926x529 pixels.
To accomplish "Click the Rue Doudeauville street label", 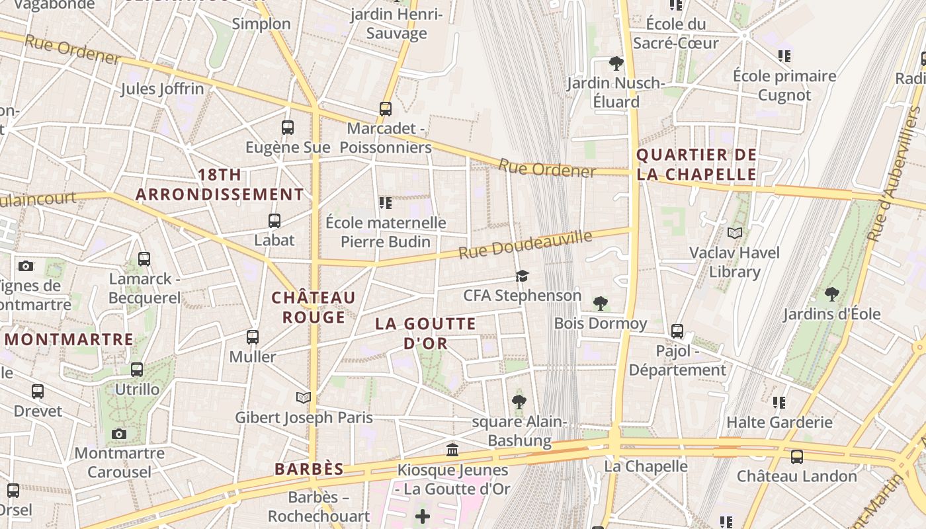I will pos(525,244).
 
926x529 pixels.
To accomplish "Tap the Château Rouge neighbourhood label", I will pos(314,307).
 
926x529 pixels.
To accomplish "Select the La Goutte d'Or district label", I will pos(426,333).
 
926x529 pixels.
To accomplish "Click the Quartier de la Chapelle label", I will pos(696,165).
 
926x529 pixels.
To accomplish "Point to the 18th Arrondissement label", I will pos(220,184).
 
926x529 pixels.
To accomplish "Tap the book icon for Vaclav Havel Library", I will pos(735,233).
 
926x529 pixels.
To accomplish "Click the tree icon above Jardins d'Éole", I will pos(832,294).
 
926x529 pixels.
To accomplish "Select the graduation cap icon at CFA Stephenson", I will pos(523,276).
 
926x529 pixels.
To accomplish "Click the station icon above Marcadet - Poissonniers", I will pos(386,109).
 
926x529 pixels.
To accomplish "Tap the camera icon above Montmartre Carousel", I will pos(119,434).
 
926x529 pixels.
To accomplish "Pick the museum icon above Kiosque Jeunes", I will pos(453,450).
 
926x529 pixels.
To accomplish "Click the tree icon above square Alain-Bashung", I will pos(519,401).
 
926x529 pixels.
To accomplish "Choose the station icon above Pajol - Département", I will pos(677,331).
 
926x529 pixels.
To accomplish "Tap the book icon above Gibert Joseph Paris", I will pos(304,397).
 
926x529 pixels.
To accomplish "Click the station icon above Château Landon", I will pos(797,456).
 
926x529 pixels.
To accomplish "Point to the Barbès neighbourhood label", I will pos(309,469).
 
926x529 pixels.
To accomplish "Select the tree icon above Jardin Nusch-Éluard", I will pos(616,63).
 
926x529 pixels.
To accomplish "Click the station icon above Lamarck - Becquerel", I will pos(144,259).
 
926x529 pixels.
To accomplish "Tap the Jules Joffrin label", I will pos(162,89).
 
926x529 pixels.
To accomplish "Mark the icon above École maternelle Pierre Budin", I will pos(386,202).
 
